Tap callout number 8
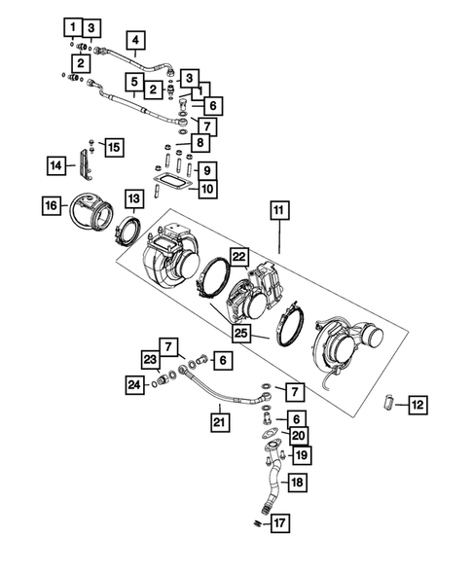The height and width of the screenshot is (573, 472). (x=199, y=143)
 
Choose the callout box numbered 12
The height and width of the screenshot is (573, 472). (x=416, y=403)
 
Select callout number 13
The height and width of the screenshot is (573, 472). (x=133, y=198)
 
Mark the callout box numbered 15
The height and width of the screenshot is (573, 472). (x=115, y=147)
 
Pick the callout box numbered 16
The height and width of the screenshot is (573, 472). (x=52, y=204)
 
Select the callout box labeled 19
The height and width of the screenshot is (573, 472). (x=302, y=454)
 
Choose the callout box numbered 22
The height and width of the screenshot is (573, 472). (x=239, y=255)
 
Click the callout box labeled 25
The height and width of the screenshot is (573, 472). (x=239, y=334)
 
